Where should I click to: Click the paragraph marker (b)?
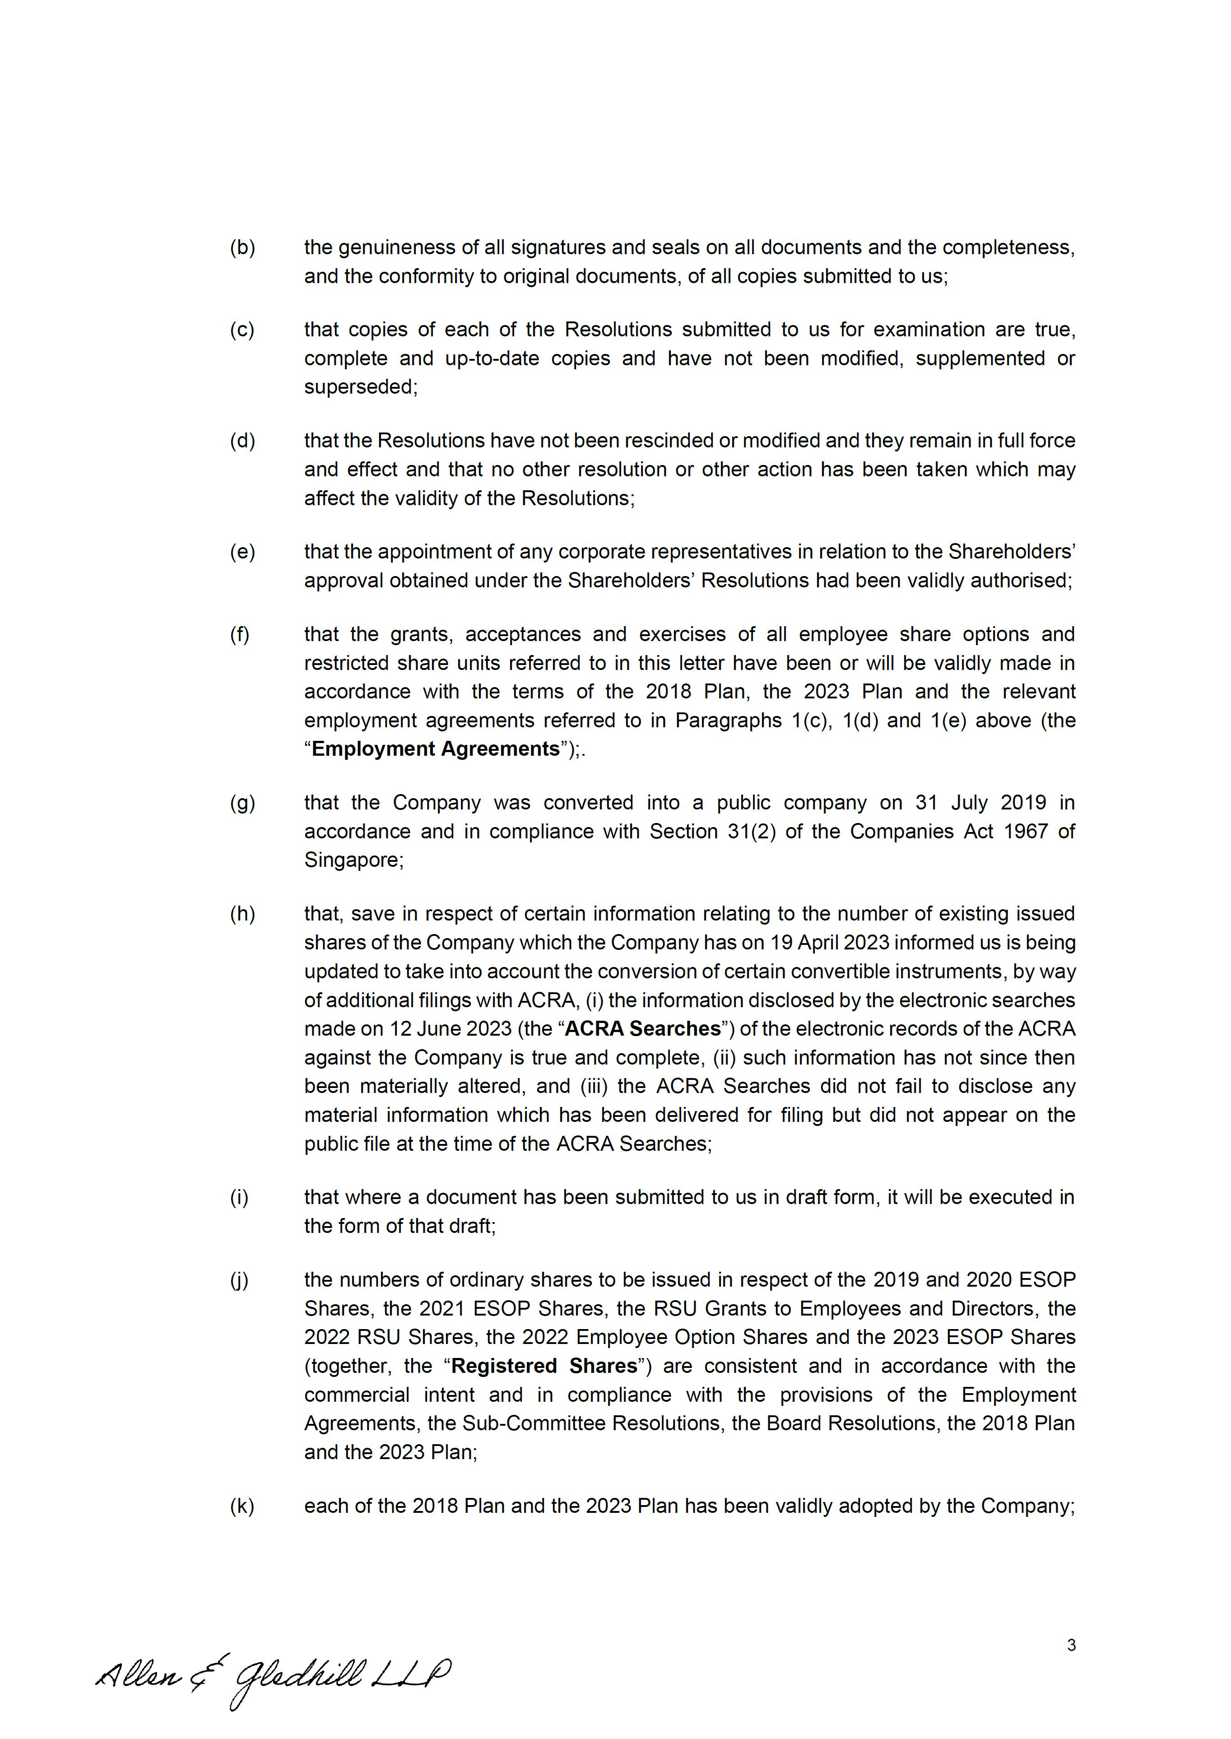[x=242, y=248]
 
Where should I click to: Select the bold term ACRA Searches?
[x=643, y=1029]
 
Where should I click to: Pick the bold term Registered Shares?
[x=544, y=1366]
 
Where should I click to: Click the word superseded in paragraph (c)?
[x=360, y=387]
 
